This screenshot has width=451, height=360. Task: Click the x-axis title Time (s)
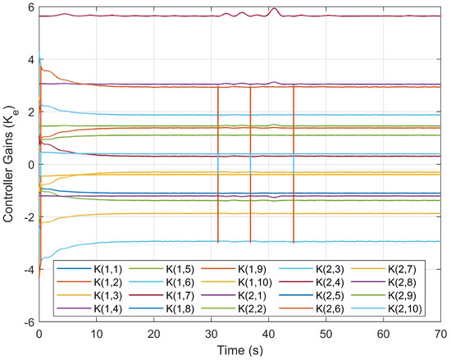coord(239,351)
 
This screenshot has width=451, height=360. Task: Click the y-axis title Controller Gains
coord(11,164)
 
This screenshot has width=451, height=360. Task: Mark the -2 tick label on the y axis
coord(28,217)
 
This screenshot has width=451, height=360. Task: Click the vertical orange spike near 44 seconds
coord(294,164)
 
